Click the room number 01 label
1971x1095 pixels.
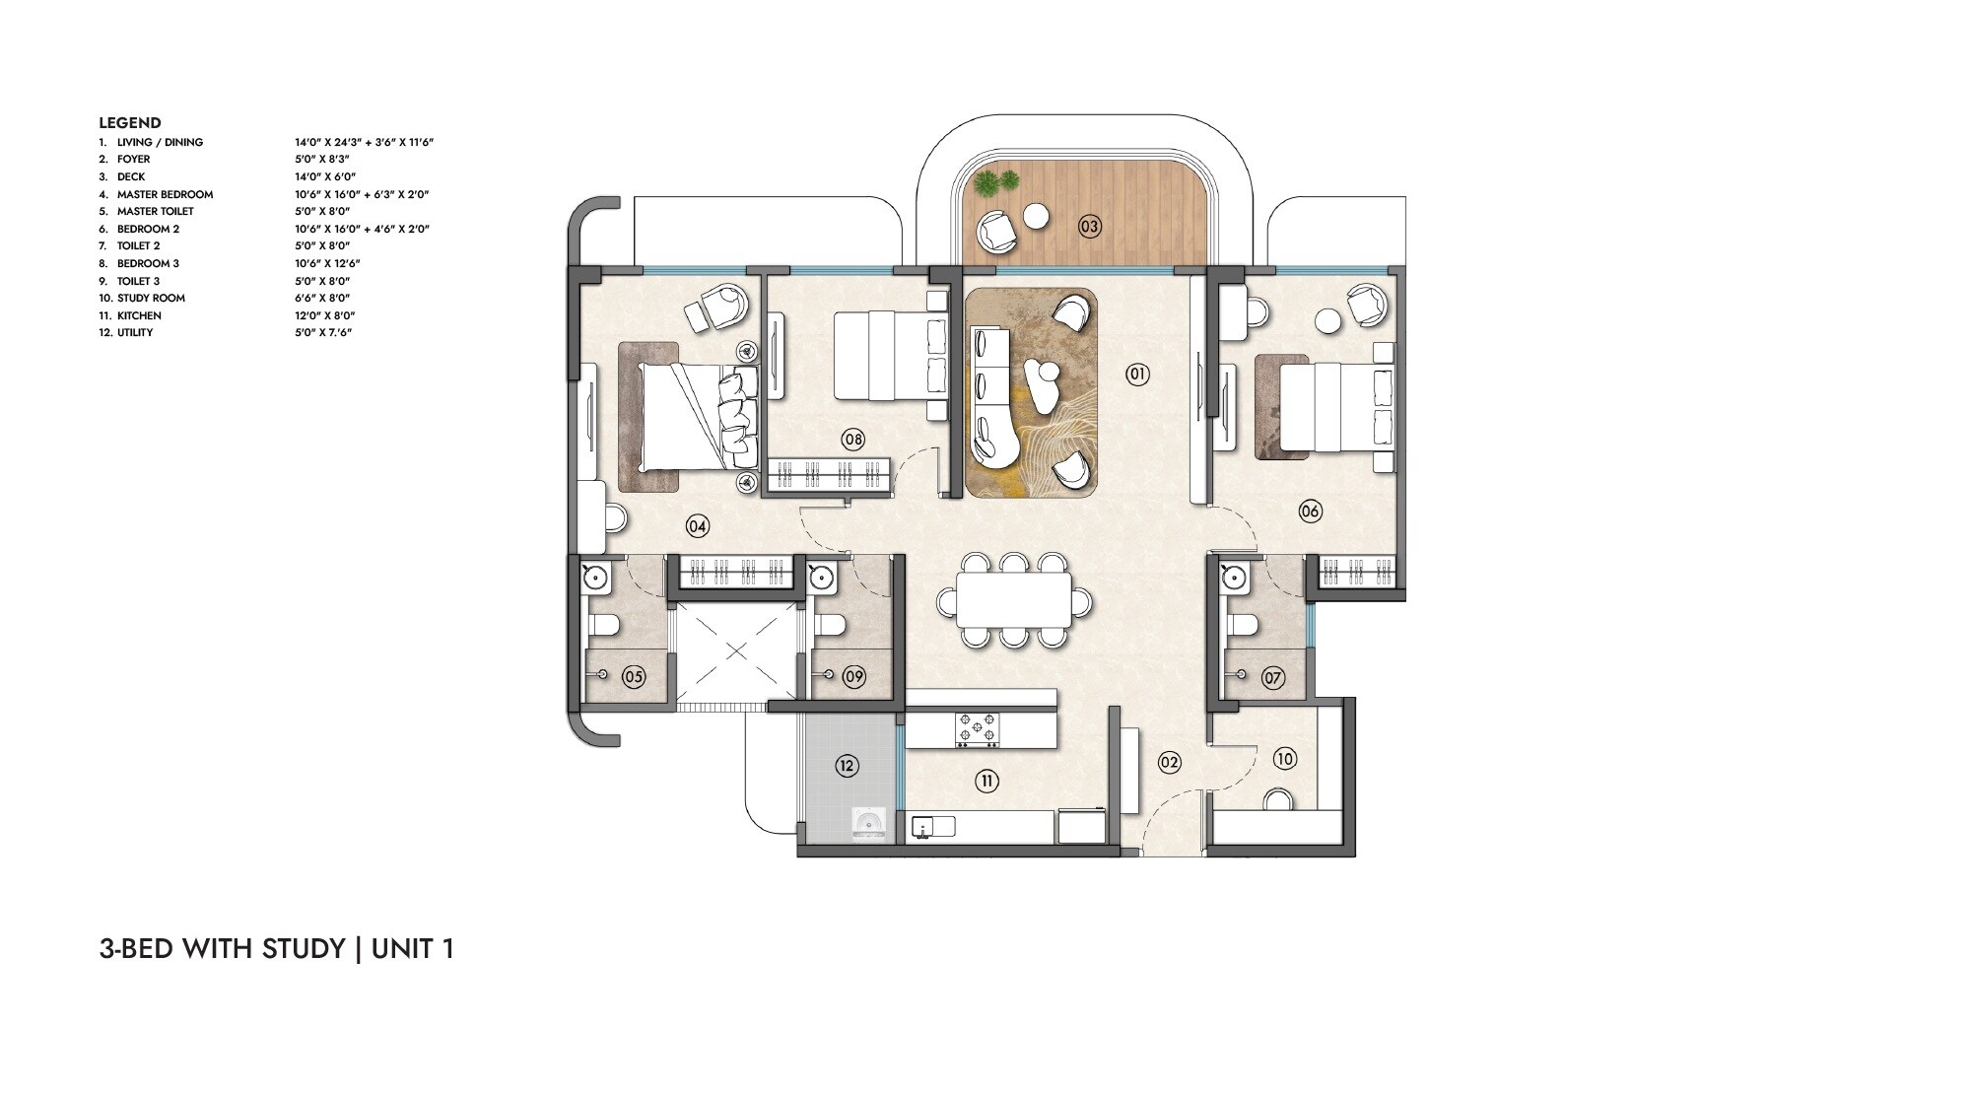click(1136, 374)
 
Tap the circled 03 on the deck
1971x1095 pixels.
click(1088, 227)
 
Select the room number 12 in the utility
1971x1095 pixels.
click(847, 765)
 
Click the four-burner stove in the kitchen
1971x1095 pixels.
click(976, 729)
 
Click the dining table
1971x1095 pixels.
click(1014, 600)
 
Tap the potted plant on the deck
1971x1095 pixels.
click(996, 183)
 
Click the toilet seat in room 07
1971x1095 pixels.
click(1245, 625)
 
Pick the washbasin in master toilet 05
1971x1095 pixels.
click(594, 579)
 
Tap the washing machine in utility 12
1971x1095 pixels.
click(869, 824)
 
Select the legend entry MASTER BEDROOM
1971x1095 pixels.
click(165, 194)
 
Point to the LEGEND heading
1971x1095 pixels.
click(129, 123)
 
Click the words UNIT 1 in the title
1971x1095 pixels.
click(413, 949)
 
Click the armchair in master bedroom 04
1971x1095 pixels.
click(727, 307)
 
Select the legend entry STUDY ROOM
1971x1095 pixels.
click(151, 298)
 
